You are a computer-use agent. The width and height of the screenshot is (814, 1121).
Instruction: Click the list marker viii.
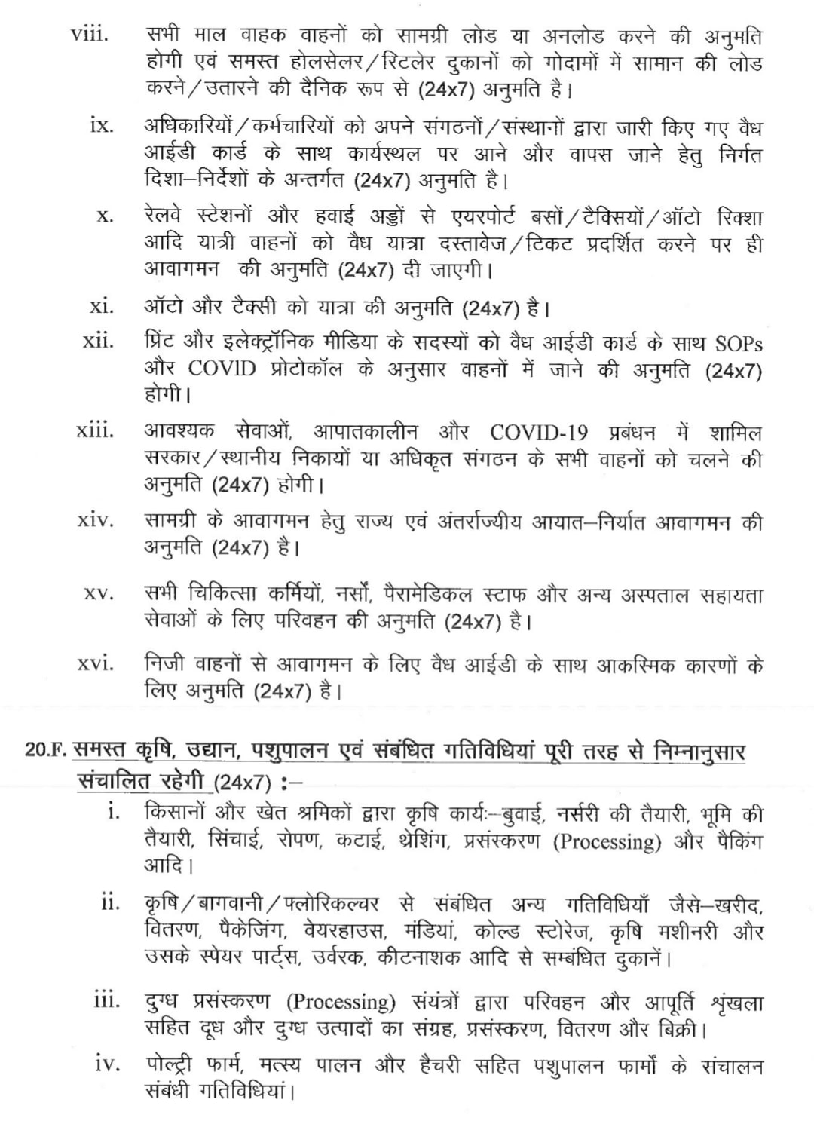[x=89, y=35]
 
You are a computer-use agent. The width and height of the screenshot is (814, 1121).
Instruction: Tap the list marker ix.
[x=102, y=125]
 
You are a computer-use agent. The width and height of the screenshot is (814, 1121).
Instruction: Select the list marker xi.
[x=102, y=307]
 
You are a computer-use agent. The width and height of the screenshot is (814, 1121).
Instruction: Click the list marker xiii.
[x=96, y=431]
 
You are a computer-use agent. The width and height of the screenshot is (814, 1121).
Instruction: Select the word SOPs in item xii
[x=737, y=343]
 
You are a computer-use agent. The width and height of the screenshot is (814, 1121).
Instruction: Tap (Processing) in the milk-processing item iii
[x=341, y=1002]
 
